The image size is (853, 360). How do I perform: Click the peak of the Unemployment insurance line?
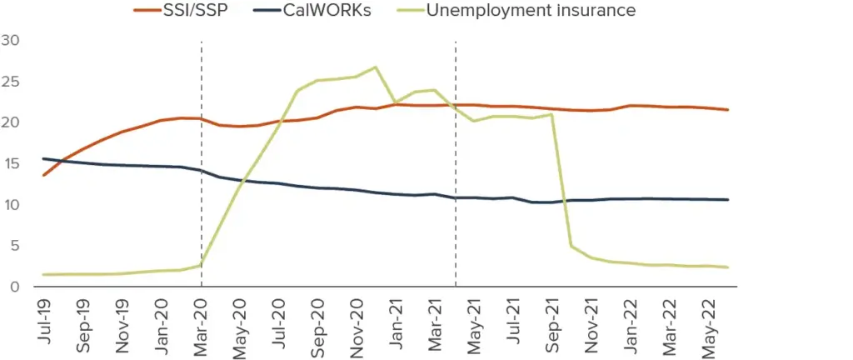376,67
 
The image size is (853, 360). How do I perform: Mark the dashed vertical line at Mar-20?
201,167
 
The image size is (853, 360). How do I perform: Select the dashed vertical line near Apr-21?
456,167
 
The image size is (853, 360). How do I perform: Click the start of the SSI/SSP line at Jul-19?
43,175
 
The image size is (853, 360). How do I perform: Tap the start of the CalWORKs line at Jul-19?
43,158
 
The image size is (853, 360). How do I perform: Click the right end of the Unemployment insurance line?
728,267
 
